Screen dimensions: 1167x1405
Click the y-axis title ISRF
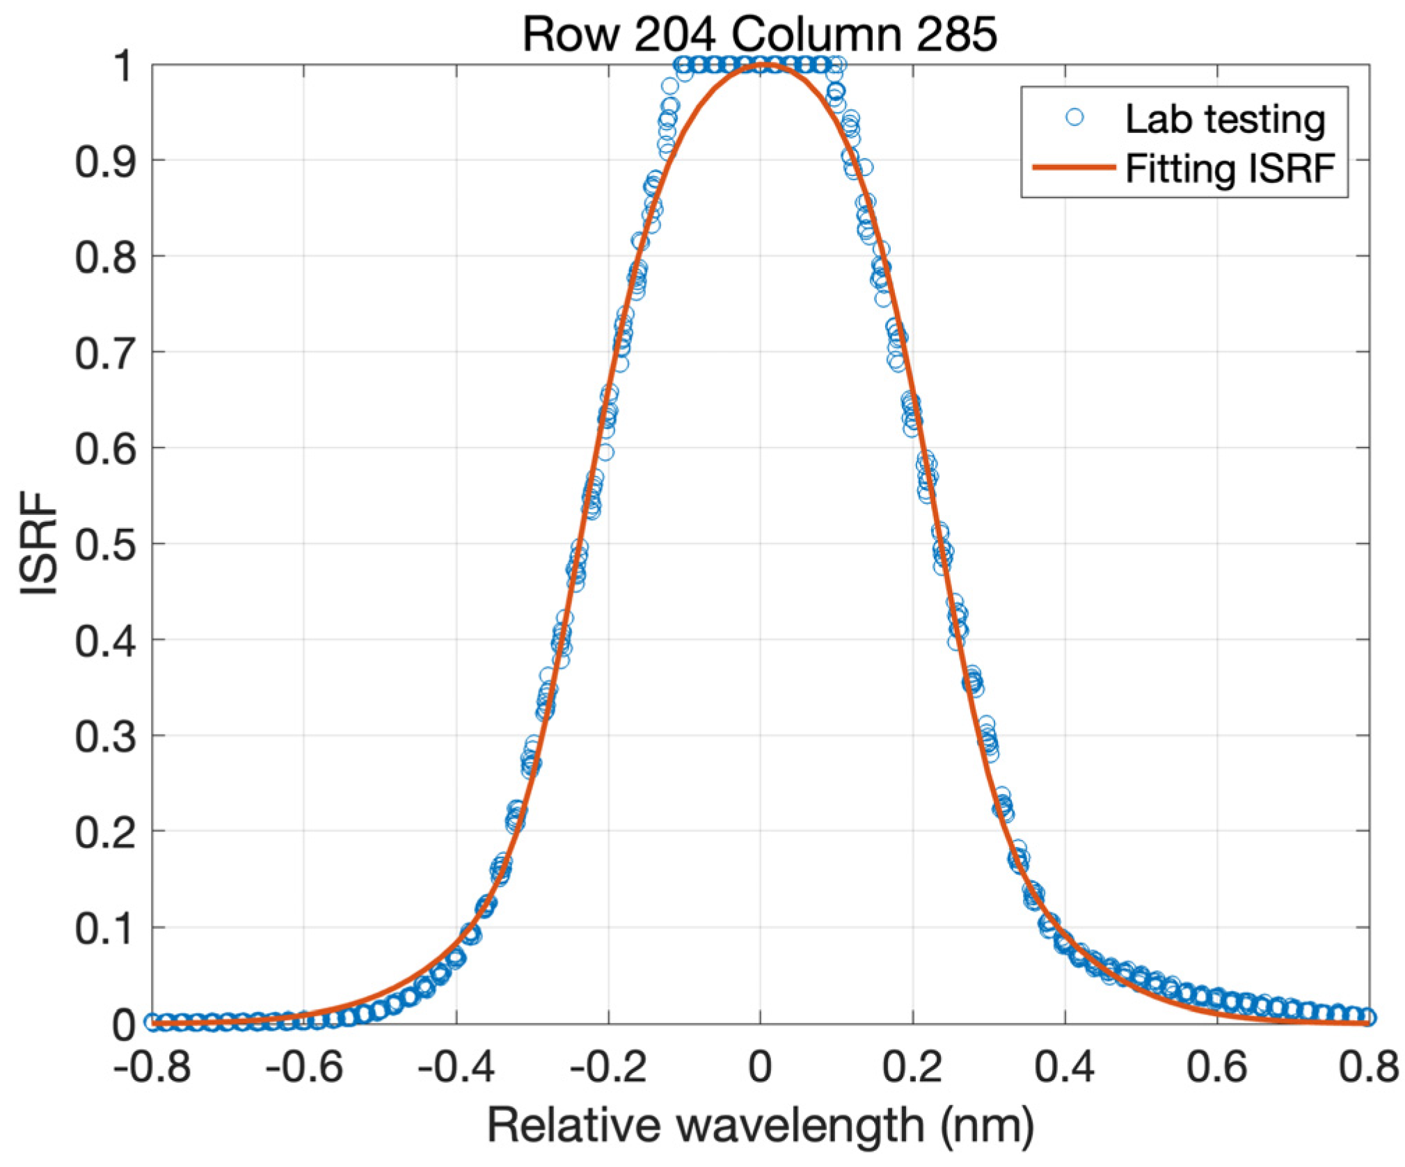point(38,543)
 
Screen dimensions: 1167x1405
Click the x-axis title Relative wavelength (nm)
point(760,1125)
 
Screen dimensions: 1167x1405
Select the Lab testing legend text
point(1224,120)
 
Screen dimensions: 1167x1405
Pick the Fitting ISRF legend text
point(1230,168)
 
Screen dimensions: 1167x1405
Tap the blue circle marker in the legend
point(1074,118)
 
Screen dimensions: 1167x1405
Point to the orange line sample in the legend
point(1073,167)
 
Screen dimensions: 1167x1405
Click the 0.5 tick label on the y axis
point(104,544)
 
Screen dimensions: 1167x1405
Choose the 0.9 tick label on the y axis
point(104,161)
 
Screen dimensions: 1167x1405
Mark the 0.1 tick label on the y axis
point(104,928)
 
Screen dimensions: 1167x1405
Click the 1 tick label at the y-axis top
point(123,68)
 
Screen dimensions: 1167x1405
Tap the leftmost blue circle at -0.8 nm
point(152,1022)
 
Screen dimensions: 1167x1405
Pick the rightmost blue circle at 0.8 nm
point(1368,1017)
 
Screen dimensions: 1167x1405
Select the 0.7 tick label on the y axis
point(104,353)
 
